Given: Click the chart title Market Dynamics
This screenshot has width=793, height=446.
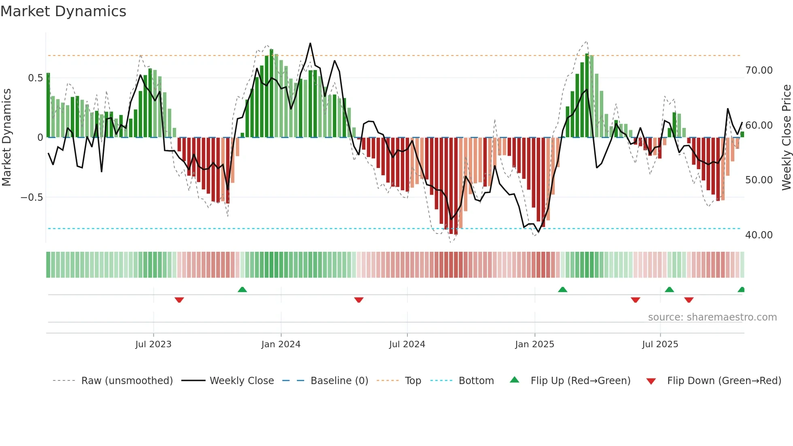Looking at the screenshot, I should point(63,11).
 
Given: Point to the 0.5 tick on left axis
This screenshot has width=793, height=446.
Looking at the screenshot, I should point(35,78).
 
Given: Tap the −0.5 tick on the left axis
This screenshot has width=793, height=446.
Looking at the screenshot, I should point(32,197).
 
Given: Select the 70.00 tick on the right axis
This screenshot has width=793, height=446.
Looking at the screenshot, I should point(759,70).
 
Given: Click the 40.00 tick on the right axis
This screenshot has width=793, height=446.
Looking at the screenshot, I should point(759,235).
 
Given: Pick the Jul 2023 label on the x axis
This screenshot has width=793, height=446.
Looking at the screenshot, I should point(153,344).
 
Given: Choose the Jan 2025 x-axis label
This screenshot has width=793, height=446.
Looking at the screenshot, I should point(534,344).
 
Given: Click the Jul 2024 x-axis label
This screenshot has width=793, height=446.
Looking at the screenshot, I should point(407,344).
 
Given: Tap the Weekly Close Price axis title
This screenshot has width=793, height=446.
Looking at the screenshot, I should point(786,138).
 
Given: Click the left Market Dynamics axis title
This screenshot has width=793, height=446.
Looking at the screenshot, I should point(6,138).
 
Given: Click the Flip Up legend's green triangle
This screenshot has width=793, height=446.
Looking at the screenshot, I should point(514,380).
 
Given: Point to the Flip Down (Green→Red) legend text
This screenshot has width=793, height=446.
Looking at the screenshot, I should point(724,381).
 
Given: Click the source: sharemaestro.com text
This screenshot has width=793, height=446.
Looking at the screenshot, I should point(712,317).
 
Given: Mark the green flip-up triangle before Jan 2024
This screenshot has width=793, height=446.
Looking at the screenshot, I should point(242,289).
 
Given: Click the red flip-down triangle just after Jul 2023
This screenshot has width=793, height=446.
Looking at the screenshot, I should point(179,300).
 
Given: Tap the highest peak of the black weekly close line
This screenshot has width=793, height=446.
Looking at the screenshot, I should point(310,43).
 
